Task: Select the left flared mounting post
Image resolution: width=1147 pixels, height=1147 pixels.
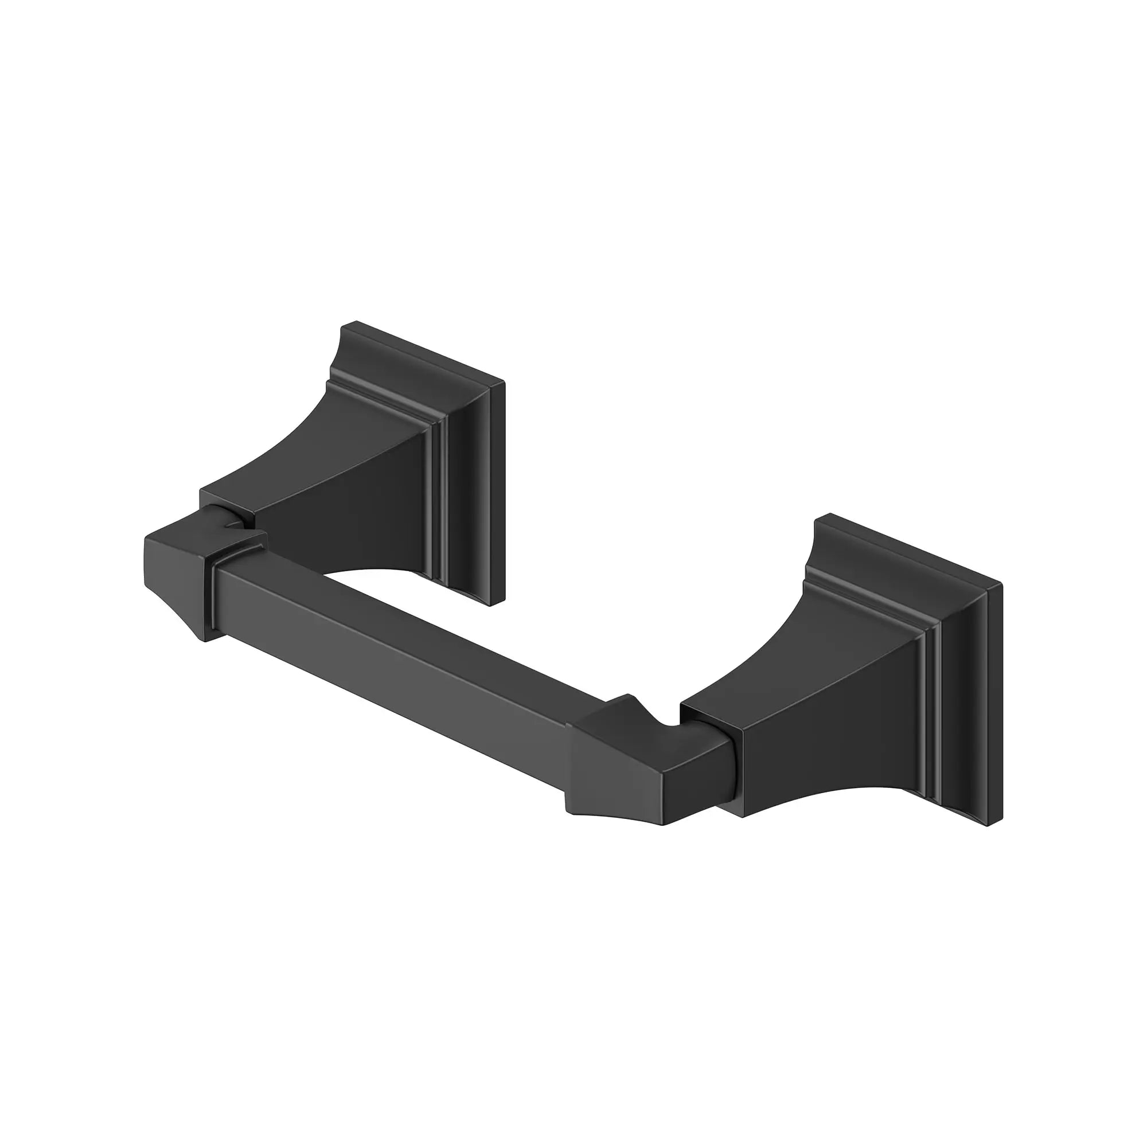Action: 356,505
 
